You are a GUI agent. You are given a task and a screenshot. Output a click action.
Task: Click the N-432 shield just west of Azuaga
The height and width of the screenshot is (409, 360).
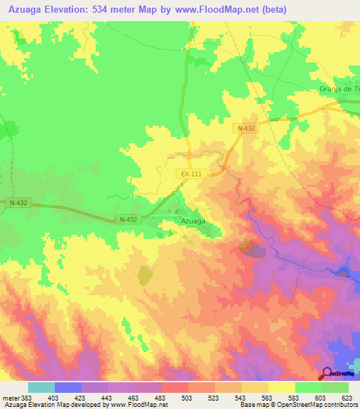127,219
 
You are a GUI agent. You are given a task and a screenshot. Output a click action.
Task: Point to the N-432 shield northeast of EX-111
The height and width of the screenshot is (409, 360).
245,128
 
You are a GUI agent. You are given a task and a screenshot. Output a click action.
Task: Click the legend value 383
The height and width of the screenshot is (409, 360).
26,398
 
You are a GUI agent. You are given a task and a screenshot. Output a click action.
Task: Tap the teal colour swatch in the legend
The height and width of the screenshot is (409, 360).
41,387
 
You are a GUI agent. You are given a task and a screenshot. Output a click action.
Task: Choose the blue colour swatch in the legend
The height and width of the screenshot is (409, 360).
68,387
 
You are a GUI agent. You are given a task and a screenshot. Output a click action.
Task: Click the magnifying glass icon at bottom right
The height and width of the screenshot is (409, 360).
326,374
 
